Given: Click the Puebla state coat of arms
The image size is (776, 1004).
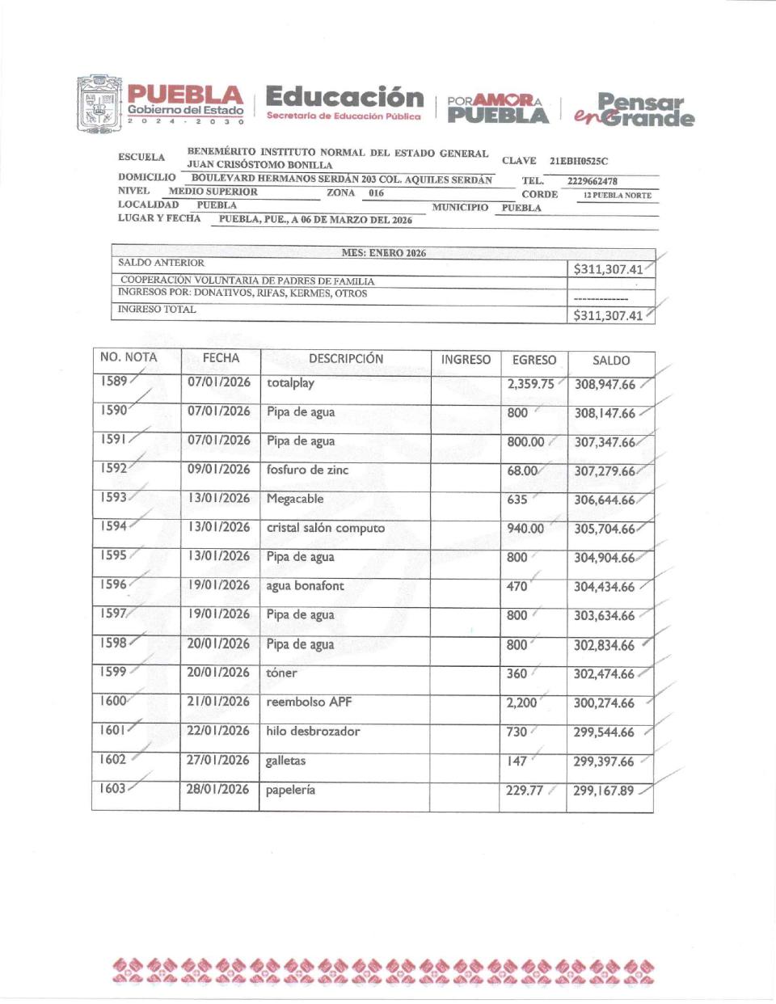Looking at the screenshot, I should click(99, 104).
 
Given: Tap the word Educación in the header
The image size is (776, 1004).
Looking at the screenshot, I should click(344, 97).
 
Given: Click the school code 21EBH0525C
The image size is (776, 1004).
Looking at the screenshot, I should click(579, 161).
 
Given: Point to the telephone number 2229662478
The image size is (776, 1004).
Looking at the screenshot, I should click(592, 181).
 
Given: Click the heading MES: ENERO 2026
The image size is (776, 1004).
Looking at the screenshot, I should click(383, 253).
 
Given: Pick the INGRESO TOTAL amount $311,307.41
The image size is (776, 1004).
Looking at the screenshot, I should click(608, 315).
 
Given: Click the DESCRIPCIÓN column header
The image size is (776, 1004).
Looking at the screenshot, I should click(346, 358).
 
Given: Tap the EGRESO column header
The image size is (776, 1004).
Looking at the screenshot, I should click(533, 360).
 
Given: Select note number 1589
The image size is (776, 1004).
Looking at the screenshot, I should click(114, 381).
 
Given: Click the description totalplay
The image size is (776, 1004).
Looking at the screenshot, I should click(290, 382).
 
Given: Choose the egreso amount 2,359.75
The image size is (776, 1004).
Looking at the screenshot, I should click(530, 384).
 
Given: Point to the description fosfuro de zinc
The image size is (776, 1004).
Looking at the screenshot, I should click(307, 470).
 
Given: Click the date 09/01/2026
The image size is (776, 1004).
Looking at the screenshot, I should click(218, 469).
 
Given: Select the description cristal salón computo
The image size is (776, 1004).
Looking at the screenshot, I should click(325, 528).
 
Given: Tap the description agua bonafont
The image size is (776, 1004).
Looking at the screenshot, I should click(305, 586).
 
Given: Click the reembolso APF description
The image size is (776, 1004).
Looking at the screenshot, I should click(309, 702).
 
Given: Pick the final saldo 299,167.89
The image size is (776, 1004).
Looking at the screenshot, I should click(603, 791).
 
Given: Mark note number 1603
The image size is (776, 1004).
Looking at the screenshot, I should click(112, 788).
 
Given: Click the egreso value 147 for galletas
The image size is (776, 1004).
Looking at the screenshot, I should click(517, 761).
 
